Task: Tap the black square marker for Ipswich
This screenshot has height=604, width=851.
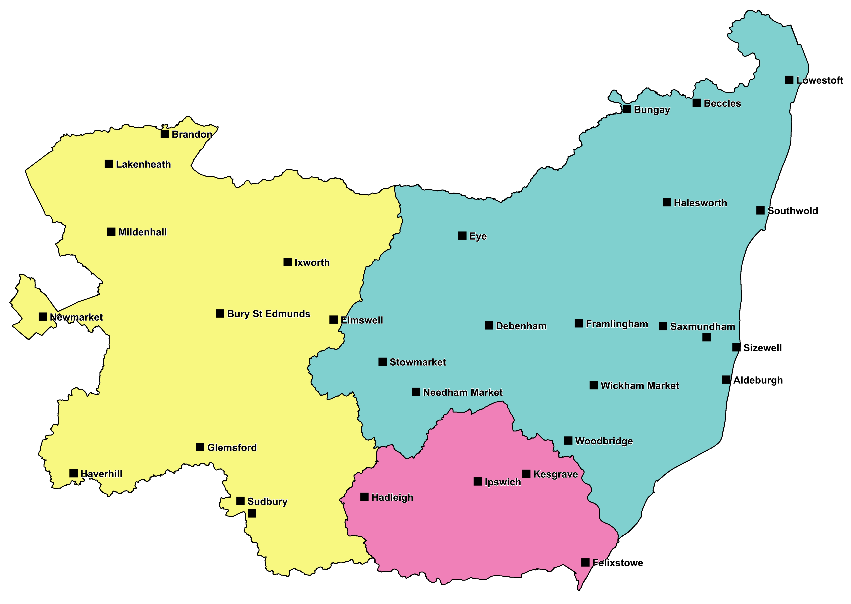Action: click(478, 482)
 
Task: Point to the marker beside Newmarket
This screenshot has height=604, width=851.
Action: click(43, 317)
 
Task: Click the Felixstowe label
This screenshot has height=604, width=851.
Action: click(618, 563)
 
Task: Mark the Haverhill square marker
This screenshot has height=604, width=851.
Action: click(74, 473)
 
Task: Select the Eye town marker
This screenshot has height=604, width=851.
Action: click(462, 235)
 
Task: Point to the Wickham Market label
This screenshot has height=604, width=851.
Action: click(640, 386)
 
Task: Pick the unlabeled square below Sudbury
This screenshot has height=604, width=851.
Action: click(252, 514)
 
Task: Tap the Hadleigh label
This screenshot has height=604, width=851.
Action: click(392, 498)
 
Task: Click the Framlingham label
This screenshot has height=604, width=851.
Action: click(617, 324)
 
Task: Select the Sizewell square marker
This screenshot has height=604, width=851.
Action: click(736, 347)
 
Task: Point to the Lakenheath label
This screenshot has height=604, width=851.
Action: click(143, 164)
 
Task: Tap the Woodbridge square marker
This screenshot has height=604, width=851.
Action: click(568, 441)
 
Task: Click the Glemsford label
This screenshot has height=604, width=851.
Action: click(232, 447)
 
